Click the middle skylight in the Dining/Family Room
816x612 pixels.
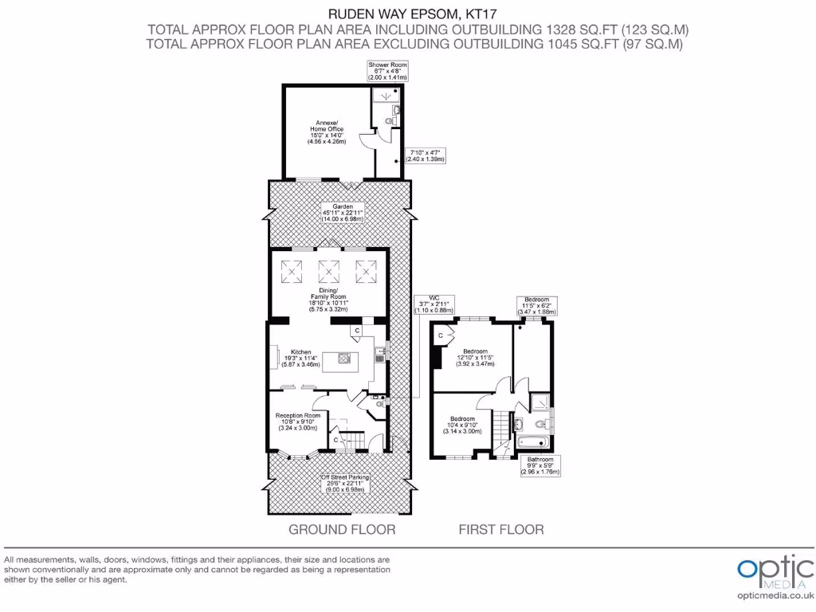click(328, 272)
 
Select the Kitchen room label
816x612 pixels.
click(300, 358)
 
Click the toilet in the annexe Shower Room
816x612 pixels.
click(389, 121)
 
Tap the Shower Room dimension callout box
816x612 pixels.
click(387, 70)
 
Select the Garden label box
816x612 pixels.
click(343, 212)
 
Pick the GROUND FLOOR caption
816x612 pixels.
click(341, 529)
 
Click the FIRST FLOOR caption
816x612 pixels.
click(501, 529)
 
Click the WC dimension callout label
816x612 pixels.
click(434, 305)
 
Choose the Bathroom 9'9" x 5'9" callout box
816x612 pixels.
click(540, 465)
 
